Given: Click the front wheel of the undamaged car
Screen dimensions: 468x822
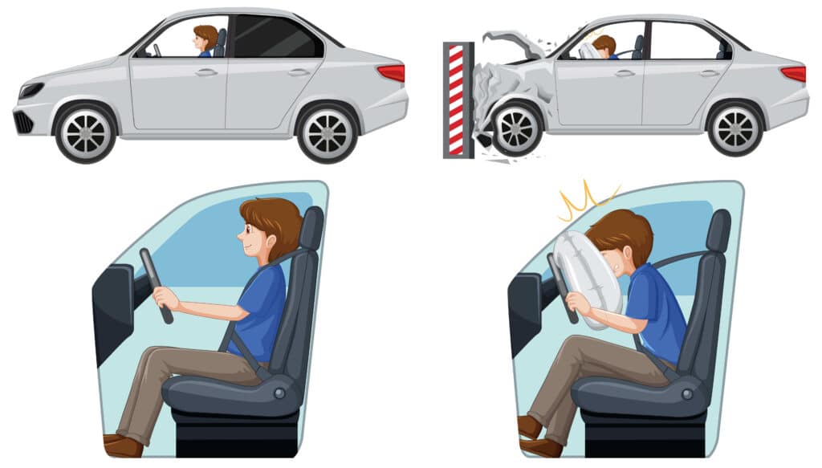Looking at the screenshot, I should pyautogui.click(x=85, y=132).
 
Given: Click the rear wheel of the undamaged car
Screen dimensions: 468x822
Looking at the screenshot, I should pyautogui.click(x=327, y=132).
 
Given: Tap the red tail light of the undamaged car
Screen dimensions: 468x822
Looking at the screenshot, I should pyautogui.click(x=391, y=73).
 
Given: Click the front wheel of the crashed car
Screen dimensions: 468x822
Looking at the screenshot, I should pyautogui.click(x=515, y=128).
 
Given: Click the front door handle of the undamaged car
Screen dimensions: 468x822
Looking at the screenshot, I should pyautogui.click(x=206, y=72).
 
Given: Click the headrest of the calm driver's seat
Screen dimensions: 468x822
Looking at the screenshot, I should pyautogui.click(x=311, y=228).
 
